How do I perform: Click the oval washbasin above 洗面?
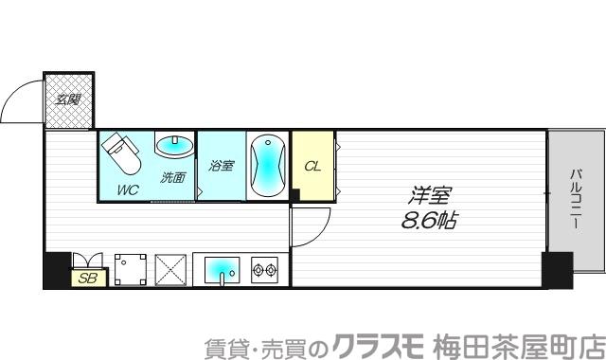[x=173, y=148]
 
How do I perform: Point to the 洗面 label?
[x=172, y=177]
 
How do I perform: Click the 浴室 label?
[x=222, y=164]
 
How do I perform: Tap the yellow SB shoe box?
[x=88, y=278]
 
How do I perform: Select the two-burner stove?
[x=264, y=270]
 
